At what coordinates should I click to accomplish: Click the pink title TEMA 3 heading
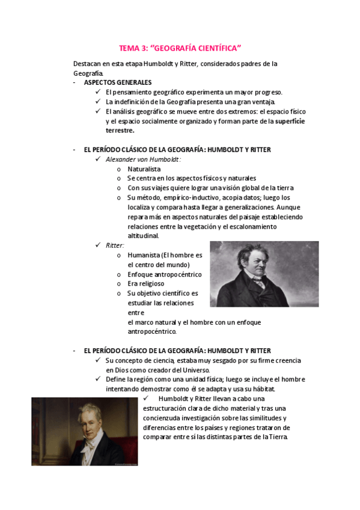point(180,48)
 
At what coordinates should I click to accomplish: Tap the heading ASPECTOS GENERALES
point(118,82)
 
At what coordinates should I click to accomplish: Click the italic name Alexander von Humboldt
point(143,159)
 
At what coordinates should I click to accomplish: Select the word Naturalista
point(144,169)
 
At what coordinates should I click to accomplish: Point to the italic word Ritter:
point(115,245)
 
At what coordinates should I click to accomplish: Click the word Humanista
point(145,255)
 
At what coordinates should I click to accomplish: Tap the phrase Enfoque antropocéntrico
point(164,274)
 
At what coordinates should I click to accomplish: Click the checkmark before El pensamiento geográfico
point(98,92)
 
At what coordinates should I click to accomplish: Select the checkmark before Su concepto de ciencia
point(98,360)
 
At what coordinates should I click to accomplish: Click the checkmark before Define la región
point(98,379)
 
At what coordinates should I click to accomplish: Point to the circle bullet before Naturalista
point(120,170)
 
